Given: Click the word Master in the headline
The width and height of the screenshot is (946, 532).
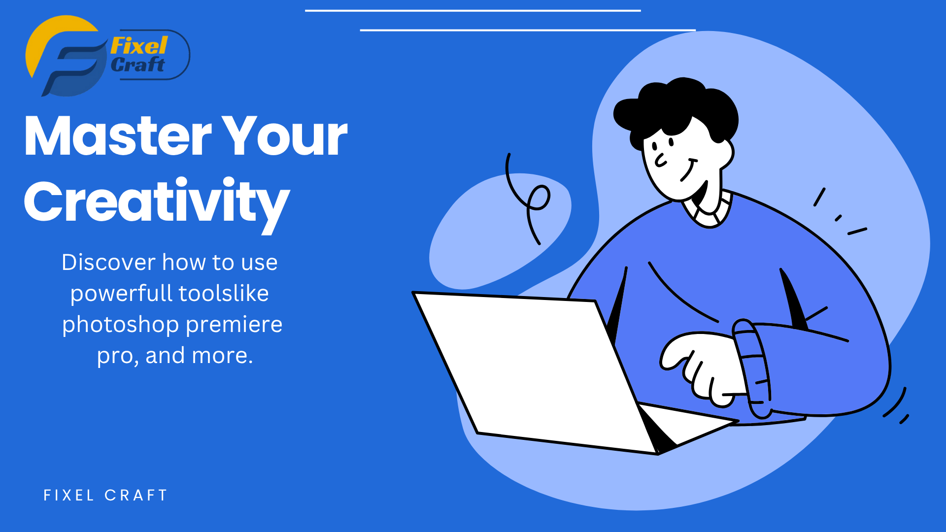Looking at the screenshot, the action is (118, 136).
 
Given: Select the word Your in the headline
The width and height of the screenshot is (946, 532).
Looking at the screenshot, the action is (285, 136).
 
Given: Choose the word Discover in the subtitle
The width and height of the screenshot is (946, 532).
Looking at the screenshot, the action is (109, 262).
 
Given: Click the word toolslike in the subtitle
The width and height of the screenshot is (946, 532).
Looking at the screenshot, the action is (224, 293).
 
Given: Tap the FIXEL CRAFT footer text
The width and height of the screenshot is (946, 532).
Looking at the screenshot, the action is (105, 495).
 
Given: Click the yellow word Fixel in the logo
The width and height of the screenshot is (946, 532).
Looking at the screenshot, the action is (139, 46).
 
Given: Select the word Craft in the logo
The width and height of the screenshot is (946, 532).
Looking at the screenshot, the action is (137, 65).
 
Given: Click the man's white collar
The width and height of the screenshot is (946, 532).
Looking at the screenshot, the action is (708, 209).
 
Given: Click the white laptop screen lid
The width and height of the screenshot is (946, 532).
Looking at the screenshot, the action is (534, 372).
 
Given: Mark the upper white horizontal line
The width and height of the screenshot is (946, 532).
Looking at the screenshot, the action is (473, 10).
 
